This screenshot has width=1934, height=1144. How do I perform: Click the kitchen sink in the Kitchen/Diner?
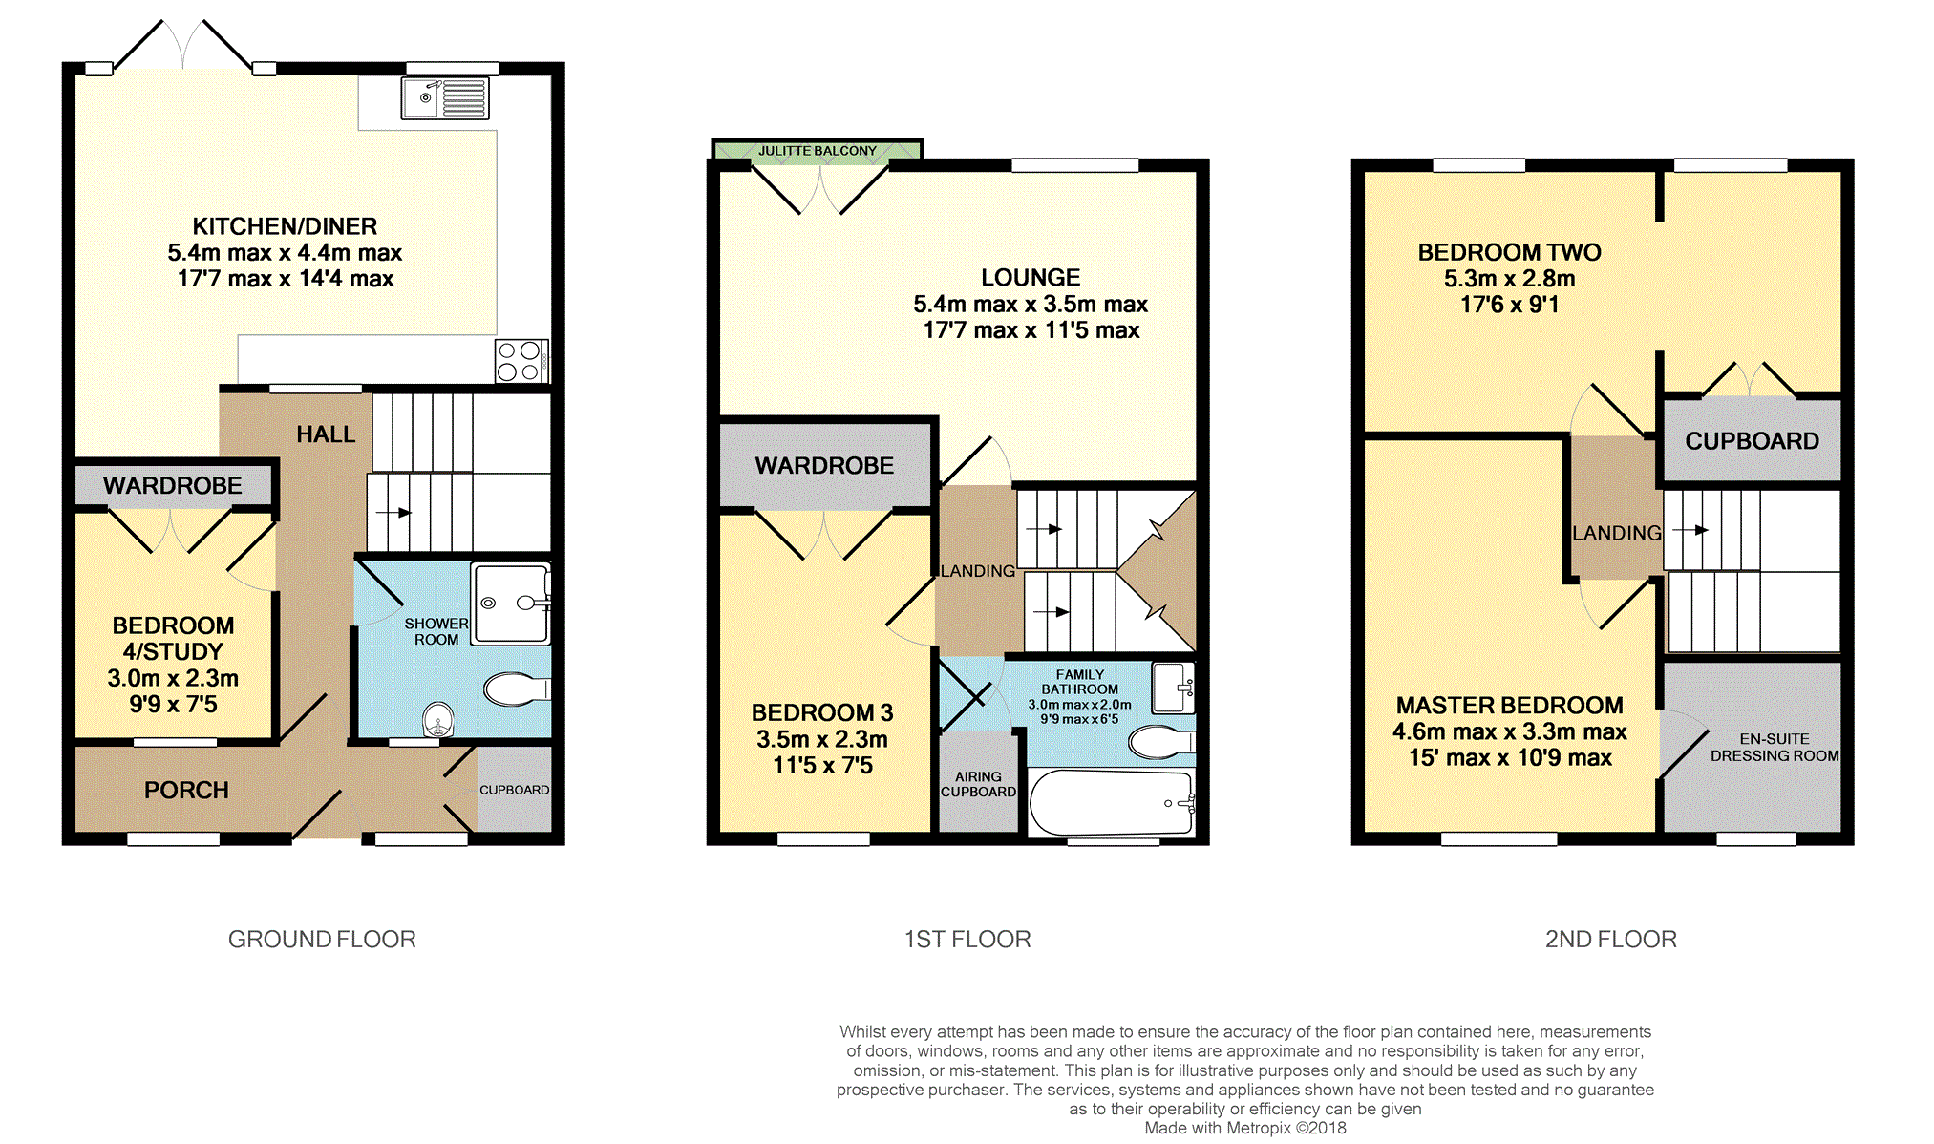[x=445, y=97]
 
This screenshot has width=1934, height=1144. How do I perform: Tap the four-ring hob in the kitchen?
[x=521, y=361]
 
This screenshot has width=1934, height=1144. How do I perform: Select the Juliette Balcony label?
[x=818, y=151]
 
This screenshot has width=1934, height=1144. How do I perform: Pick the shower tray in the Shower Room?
[x=511, y=604]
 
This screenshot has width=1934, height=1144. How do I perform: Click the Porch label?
[x=186, y=791]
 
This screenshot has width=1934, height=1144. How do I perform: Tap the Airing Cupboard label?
[x=978, y=784]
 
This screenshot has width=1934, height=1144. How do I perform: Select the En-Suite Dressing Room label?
[x=1775, y=747]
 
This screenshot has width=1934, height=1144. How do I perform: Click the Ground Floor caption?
[x=322, y=940]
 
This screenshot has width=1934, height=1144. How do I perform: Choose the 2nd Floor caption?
[x=1611, y=940]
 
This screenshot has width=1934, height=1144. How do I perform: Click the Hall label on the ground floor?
[x=326, y=434]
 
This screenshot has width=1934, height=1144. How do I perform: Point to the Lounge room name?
[x=1031, y=278]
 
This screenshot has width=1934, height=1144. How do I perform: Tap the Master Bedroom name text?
[x=1509, y=706]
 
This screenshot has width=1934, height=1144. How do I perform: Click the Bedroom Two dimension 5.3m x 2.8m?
[x=1509, y=279]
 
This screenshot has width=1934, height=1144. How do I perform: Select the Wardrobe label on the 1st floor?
[x=824, y=466]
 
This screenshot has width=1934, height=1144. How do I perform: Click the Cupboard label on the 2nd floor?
[x=1752, y=441]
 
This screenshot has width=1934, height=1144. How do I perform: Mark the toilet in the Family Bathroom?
[x=1161, y=741]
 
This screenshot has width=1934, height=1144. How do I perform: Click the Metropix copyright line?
[x=1245, y=1128]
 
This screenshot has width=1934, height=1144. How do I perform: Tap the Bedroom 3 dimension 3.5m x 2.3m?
[x=821, y=739]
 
